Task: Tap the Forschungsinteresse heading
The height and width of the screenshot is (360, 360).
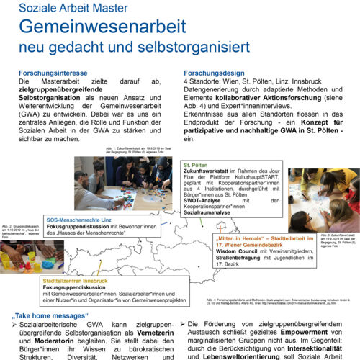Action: coord(51,73)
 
